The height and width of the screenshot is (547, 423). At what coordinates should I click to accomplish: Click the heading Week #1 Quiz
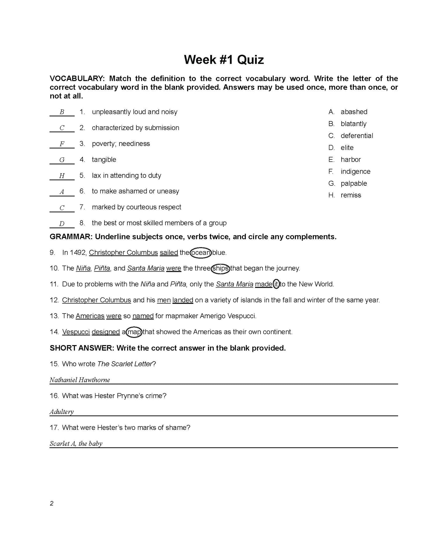coord(224,60)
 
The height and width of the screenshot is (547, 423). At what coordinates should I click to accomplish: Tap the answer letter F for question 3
coord(62,144)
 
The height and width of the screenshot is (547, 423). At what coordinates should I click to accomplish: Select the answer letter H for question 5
coord(62,176)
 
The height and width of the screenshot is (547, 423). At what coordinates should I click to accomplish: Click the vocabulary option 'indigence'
coord(355,171)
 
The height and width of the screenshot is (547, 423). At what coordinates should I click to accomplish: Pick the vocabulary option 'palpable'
coord(354,183)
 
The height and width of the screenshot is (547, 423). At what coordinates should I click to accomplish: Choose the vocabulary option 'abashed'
coord(354,112)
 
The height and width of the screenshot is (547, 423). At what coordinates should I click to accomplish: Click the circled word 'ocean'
coord(201,252)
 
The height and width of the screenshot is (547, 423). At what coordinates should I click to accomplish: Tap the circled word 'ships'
coord(220,268)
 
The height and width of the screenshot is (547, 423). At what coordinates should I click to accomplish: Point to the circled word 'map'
coord(135,332)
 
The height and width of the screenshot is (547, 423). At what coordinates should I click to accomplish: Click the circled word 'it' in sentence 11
coord(276,284)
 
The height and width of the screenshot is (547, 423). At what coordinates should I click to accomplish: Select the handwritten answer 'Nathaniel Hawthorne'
coord(80,380)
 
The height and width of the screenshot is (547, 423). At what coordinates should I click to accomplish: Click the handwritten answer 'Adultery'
coord(61,412)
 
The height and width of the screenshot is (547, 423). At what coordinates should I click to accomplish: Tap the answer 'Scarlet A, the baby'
coord(76,443)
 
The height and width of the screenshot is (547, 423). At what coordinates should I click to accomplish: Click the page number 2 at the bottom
coord(52,503)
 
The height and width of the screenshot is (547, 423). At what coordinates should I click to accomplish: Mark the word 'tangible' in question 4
coord(104,160)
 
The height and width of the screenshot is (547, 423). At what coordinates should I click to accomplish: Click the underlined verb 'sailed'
coord(169,252)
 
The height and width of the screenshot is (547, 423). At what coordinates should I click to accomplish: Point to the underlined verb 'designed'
coord(106,332)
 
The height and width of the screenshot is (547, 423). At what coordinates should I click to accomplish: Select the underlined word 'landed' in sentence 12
coord(183,300)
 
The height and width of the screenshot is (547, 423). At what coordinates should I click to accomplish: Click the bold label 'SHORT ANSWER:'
coord(82,348)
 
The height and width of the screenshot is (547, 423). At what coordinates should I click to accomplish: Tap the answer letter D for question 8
coord(62,224)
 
